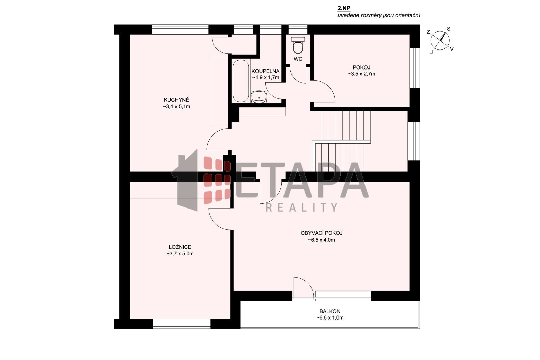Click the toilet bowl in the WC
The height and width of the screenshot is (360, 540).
[x=298, y=46]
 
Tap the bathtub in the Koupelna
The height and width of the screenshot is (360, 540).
[x=241, y=81]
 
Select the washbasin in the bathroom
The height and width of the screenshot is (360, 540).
[x=259, y=97]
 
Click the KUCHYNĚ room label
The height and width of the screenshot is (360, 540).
[x=177, y=100]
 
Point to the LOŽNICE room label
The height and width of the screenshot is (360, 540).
[x=180, y=247]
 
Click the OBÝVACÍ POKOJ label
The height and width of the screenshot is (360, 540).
[x=321, y=233]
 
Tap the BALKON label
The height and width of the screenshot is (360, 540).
[x=330, y=311]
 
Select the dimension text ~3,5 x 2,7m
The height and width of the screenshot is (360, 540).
[x=361, y=74]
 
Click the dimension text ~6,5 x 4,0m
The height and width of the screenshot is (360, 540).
[x=321, y=240]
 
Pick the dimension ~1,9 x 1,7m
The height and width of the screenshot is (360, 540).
[x=266, y=77]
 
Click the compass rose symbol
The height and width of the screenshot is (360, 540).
[x=440, y=40]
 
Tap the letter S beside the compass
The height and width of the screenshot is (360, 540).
[x=449, y=29]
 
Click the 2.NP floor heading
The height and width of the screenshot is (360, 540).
[x=344, y=8]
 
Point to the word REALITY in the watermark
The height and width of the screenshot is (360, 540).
[x=301, y=207]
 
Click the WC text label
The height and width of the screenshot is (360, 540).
[x=298, y=59]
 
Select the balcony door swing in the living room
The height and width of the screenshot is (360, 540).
[x=303, y=288]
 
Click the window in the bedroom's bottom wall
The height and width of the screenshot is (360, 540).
[x=182, y=323]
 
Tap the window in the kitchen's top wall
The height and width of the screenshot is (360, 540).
[x=180, y=30]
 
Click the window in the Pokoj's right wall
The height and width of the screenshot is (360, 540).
[x=415, y=68]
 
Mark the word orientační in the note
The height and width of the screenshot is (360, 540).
[x=408, y=15]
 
